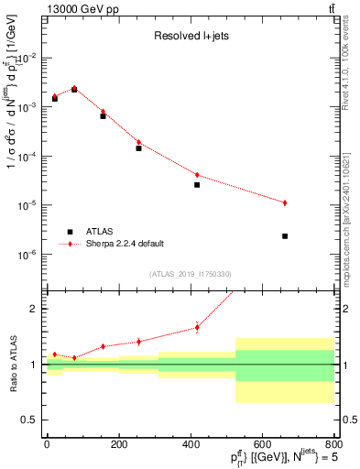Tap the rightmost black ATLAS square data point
[x=285, y=236]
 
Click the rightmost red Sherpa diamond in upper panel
[x=285, y=202]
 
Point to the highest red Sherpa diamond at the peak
[x=74, y=88]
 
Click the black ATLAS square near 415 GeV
[x=197, y=185]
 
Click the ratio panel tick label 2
[x=34, y=309]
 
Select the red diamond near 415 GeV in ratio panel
[x=197, y=327]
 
